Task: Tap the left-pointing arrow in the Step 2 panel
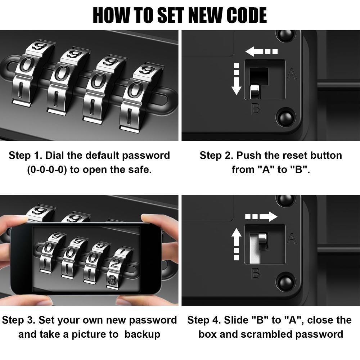point(261,51)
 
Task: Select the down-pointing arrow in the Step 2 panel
point(236,79)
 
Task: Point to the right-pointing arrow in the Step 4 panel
point(261,216)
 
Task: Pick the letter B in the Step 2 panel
point(256,109)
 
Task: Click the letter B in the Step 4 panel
point(256,274)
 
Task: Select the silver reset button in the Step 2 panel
point(255,91)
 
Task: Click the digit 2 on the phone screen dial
point(115,264)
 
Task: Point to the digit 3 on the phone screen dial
point(112,280)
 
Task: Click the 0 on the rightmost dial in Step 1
point(135,89)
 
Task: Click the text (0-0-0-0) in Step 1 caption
point(47,170)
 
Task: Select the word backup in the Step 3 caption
point(142,335)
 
